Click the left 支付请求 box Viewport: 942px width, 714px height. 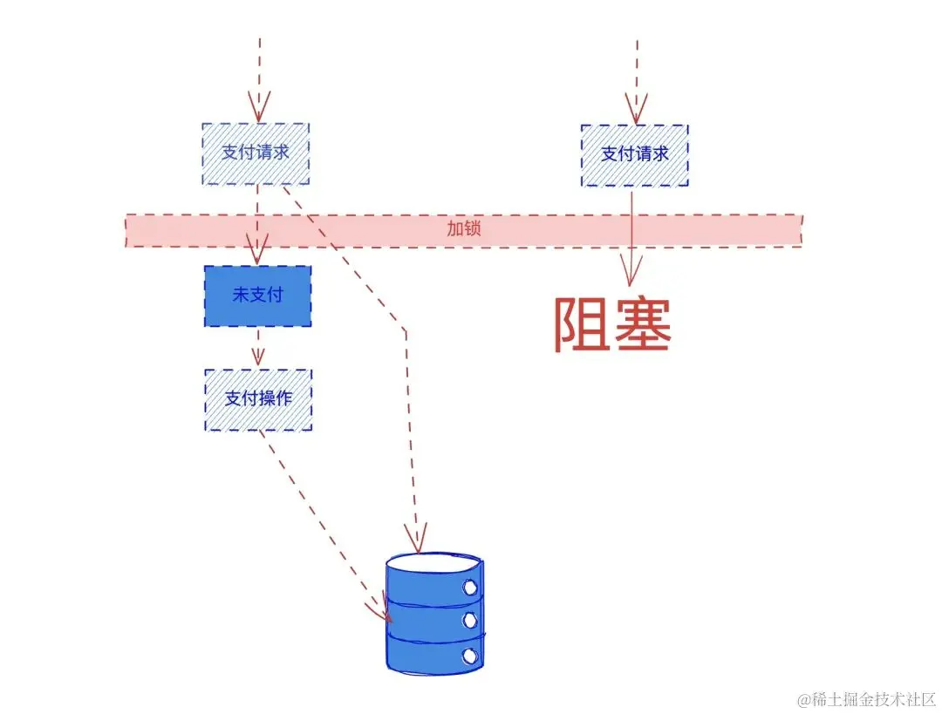click(256, 153)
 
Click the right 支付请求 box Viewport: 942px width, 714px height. click(634, 154)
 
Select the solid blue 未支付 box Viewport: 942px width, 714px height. click(257, 296)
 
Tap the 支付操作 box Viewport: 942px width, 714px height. click(258, 398)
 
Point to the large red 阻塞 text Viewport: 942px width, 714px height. click(612, 324)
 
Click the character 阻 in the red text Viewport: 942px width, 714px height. click(582, 324)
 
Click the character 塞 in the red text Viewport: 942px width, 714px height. click(643, 324)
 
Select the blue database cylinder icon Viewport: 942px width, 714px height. click(433, 614)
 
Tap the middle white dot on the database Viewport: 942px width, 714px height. click(471, 620)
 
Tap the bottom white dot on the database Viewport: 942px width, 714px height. click(471, 654)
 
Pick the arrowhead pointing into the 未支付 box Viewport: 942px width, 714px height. click(257, 255)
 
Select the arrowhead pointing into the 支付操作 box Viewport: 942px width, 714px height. click(257, 357)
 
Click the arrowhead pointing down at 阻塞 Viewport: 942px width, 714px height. click(631, 270)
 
